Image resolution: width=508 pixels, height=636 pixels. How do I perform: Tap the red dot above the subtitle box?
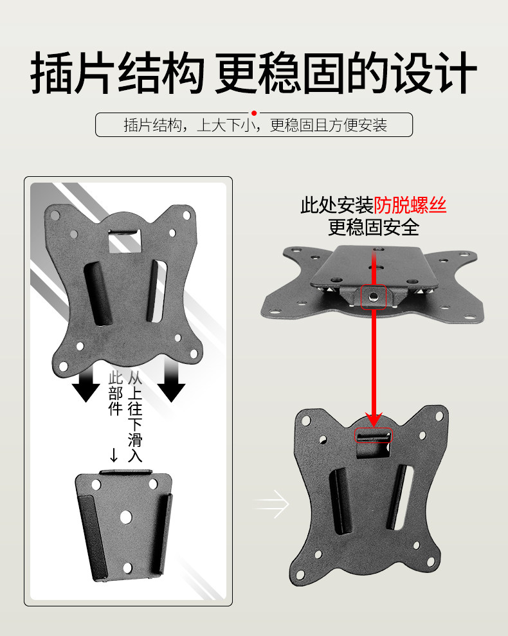[x=254, y=113]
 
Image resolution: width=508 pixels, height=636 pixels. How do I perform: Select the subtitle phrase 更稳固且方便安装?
[x=328, y=125]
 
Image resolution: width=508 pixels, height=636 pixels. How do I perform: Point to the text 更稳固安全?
[x=374, y=227]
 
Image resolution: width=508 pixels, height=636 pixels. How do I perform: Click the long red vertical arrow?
[x=374, y=360]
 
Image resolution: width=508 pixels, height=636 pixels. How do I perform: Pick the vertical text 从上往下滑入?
[x=135, y=417]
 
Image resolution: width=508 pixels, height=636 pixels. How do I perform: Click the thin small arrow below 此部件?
[x=114, y=455]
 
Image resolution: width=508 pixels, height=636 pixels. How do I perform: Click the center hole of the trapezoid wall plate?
[x=126, y=516]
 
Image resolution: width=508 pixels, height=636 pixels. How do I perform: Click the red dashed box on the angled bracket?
[x=374, y=296]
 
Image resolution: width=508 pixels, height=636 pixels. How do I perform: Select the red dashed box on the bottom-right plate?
[x=374, y=436]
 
